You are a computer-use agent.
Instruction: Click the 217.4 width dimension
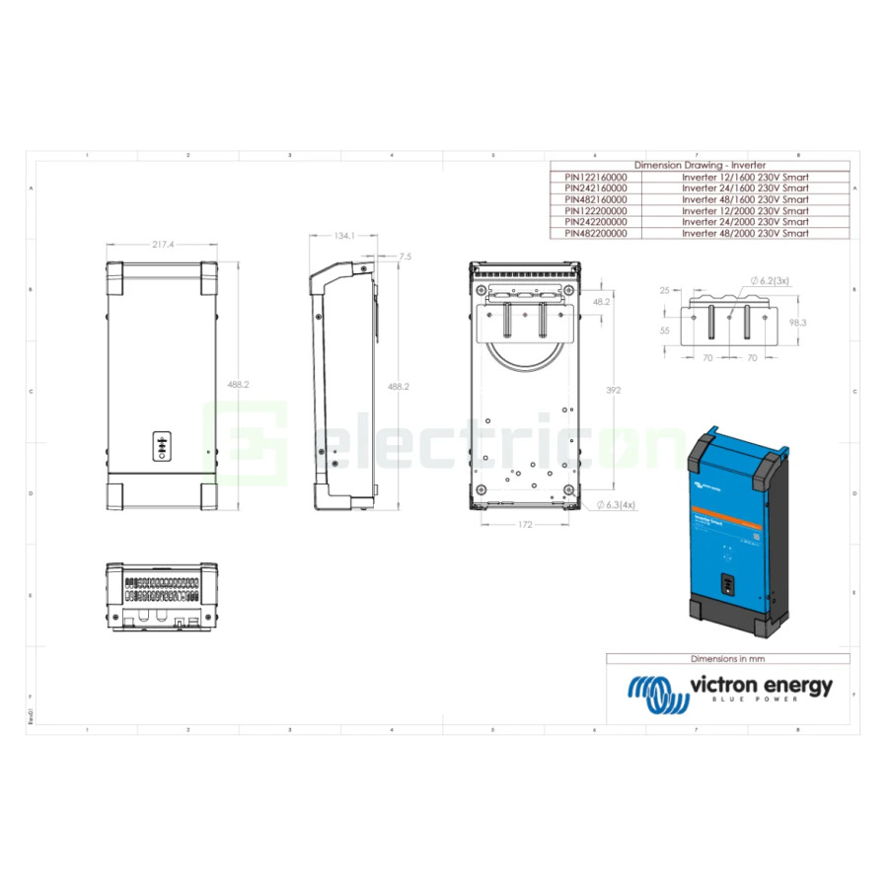click(163, 244)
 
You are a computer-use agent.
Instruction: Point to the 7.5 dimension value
click(405, 257)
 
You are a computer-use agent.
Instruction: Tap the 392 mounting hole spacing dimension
click(613, 391)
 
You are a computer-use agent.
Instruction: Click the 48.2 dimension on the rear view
click(600, 303)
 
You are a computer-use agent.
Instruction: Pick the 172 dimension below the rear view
click(524, 525)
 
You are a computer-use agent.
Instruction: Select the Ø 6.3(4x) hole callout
click(615, 504)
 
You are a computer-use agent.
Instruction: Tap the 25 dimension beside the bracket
click(664, 290)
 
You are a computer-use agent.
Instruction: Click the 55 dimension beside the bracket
click(664, 332)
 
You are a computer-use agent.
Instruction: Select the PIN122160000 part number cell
click(596, 176)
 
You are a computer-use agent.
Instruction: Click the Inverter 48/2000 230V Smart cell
click(745, 234)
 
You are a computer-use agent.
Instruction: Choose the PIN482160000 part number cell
click(596, 199)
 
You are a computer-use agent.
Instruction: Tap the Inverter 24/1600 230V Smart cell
click(745, 187)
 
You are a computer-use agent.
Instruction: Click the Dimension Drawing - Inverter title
click(700, 165)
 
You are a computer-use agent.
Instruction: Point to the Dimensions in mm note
click(727, 658)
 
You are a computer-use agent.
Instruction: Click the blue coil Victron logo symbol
click(657, 695)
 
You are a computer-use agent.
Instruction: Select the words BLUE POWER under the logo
click(759, 700)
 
